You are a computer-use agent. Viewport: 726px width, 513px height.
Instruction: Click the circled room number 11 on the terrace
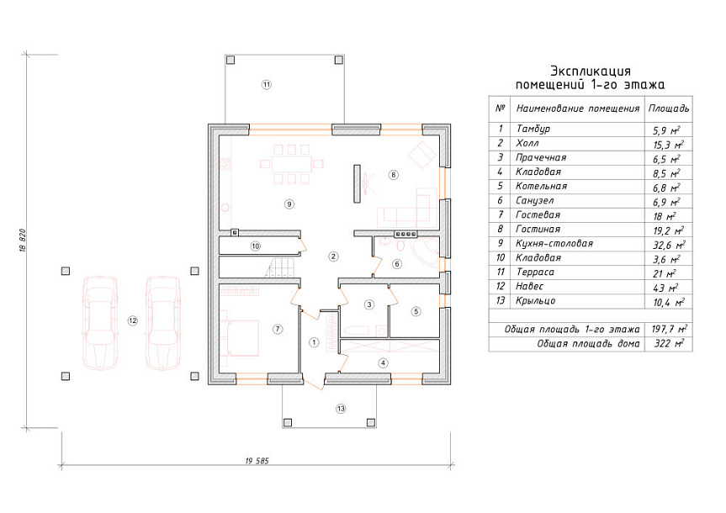[266, 85]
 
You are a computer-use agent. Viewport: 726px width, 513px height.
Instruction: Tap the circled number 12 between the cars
[132, 320]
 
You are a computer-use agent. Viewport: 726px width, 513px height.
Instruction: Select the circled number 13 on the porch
[341, 409]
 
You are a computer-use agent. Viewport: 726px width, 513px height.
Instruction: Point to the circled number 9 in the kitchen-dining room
[289, 204]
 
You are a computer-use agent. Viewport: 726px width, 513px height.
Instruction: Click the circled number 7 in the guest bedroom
[278, 329]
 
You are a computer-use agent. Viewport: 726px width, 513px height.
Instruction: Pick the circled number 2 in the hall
[333, 256]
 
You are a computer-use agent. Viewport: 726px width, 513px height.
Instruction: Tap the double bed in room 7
[241, 338]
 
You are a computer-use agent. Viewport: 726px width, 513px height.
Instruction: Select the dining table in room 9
[291, 164]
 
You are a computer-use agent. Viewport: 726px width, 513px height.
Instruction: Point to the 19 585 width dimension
[257, 461]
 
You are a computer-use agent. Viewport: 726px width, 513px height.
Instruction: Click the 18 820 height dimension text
[24, 241]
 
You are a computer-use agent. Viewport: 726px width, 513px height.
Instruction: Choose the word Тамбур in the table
[533, 130]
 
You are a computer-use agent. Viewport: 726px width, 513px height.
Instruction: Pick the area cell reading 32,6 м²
[669, 245]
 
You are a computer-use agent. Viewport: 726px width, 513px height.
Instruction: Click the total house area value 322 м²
[669, 344]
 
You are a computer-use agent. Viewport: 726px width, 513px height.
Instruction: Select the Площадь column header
[669, 108]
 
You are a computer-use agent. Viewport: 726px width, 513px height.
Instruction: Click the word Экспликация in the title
[591, 71]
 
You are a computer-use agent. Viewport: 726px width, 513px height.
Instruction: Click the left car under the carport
[99, 323]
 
